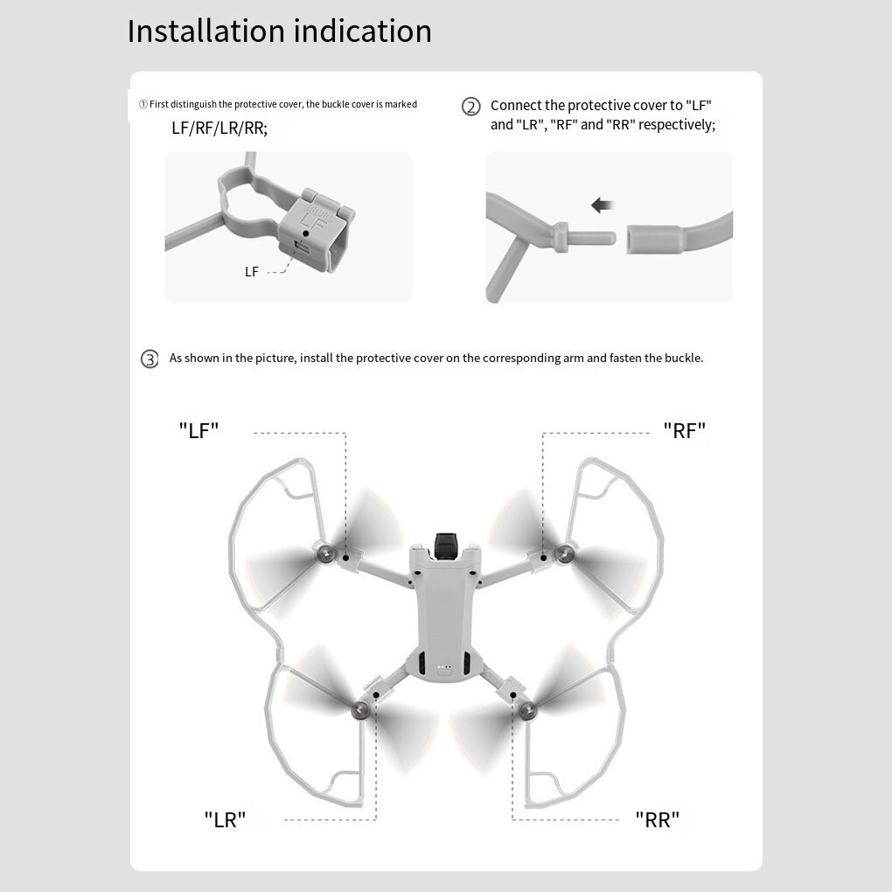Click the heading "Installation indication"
tap(279, 31)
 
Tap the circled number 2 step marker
tap(470, 107)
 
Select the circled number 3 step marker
tap(150, 359)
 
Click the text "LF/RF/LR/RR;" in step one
tap(220, 129)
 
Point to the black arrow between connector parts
tap(603, 206)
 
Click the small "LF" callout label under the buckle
tap(251, 272)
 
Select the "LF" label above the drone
tap(199, 430)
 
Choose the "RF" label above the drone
tap(684, 430)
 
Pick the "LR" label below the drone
tap(225, 819)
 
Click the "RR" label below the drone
tap(657, 819)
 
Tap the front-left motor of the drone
tap(326, 553)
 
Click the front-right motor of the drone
tap(566, 552)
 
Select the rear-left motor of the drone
tap(359, 710)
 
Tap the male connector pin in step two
tap(595, 235)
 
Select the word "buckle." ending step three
tap(683, 359)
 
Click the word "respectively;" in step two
tap(677, 125)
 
